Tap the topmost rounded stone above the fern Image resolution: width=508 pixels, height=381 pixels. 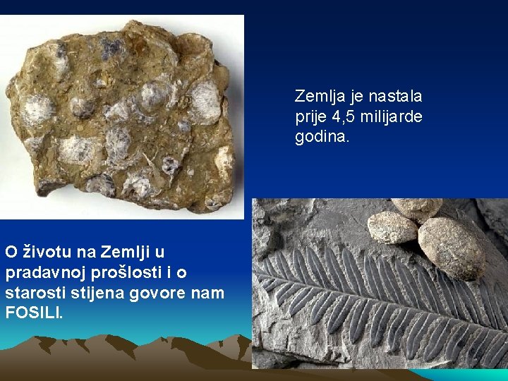(x=417, y=207)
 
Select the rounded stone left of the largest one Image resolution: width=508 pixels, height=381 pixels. (x=392, y=228)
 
